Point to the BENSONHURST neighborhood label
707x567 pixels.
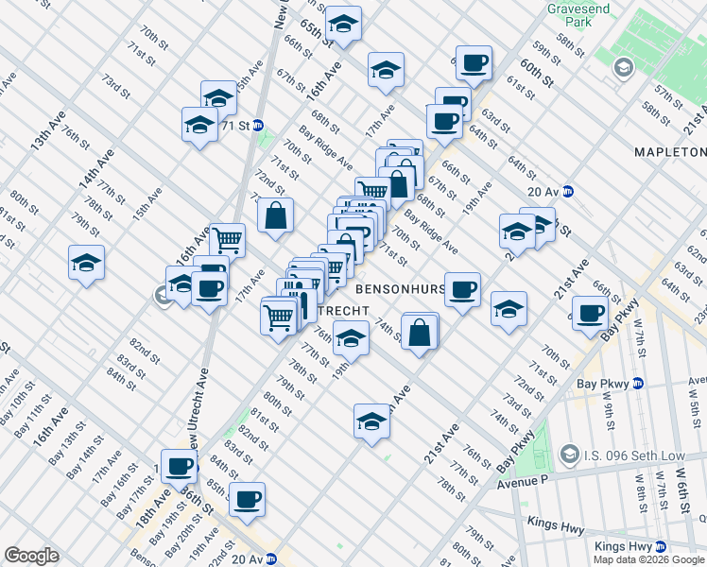click(x=402, y=284)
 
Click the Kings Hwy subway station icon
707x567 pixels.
click(x=661, y=546)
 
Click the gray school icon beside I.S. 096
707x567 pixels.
click(x=569, y=455)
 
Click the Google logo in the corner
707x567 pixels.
click(x=31, y=556)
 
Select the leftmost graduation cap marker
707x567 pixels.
click(x=86, y=262)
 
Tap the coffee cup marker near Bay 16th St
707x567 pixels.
click(x=179, y=466)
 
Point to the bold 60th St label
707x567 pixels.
click(x=535, y=73)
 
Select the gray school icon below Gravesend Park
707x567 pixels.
click(x=623, y=67)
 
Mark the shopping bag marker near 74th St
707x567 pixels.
click(x=420, y=331)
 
